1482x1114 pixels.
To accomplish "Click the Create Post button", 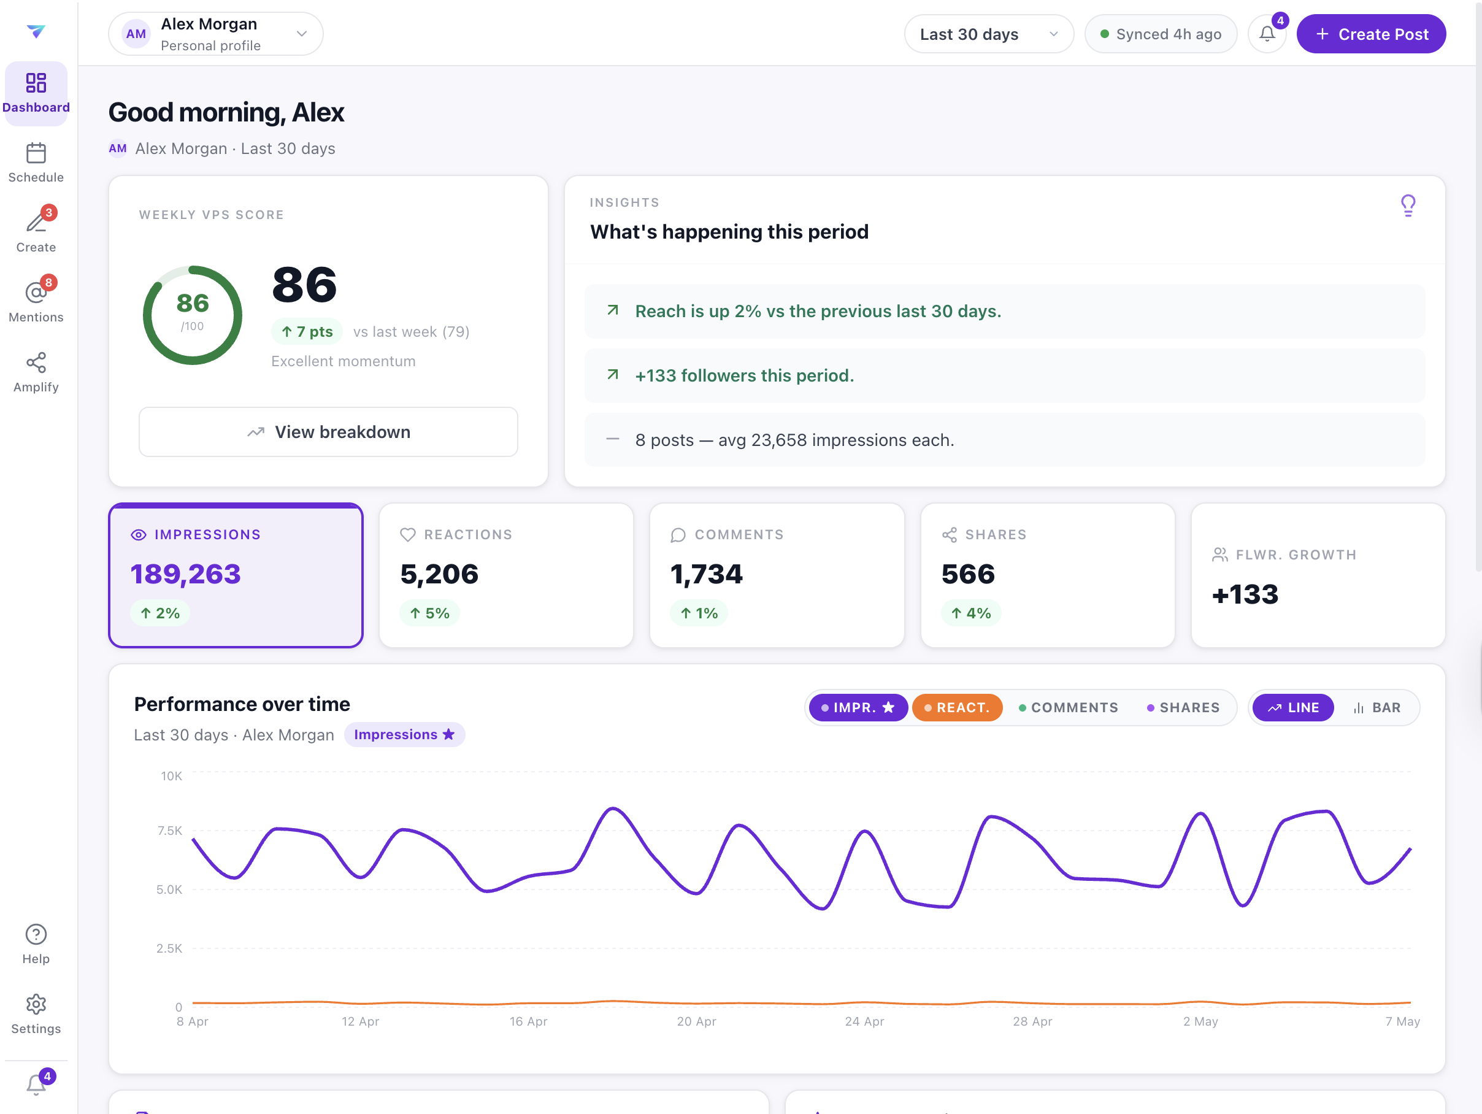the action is click(1371, 34).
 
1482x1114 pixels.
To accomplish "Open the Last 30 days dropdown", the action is click(988, 34).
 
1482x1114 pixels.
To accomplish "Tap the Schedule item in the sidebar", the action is click(36, 163).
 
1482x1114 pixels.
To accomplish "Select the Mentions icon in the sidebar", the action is click(36, 293).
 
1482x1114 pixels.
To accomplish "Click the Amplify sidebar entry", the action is click(36, 372).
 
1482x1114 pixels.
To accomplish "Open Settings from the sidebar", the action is click(36, 1014).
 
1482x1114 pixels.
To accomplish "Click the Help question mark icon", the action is click(36, 934).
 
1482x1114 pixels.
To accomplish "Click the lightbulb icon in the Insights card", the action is click(1408, 206).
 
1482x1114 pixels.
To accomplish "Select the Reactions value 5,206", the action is click(439, 574).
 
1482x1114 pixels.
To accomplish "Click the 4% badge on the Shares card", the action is click(971, 613).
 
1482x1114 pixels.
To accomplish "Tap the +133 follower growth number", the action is click(1245, 594).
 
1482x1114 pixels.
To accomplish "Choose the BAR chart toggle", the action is click(1377, 707).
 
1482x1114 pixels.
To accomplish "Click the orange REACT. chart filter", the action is click(957, 707).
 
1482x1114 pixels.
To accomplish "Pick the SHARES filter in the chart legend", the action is click(1183, 707).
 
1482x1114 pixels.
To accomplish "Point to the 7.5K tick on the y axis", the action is click(170, 831).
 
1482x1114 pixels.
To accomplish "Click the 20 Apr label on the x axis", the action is click(696, 1021).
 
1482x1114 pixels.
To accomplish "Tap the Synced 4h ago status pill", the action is click(1161, 34).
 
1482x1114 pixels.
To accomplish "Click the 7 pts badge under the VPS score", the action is click(307, 332).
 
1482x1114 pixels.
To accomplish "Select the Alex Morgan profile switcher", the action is click(216, 34).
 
